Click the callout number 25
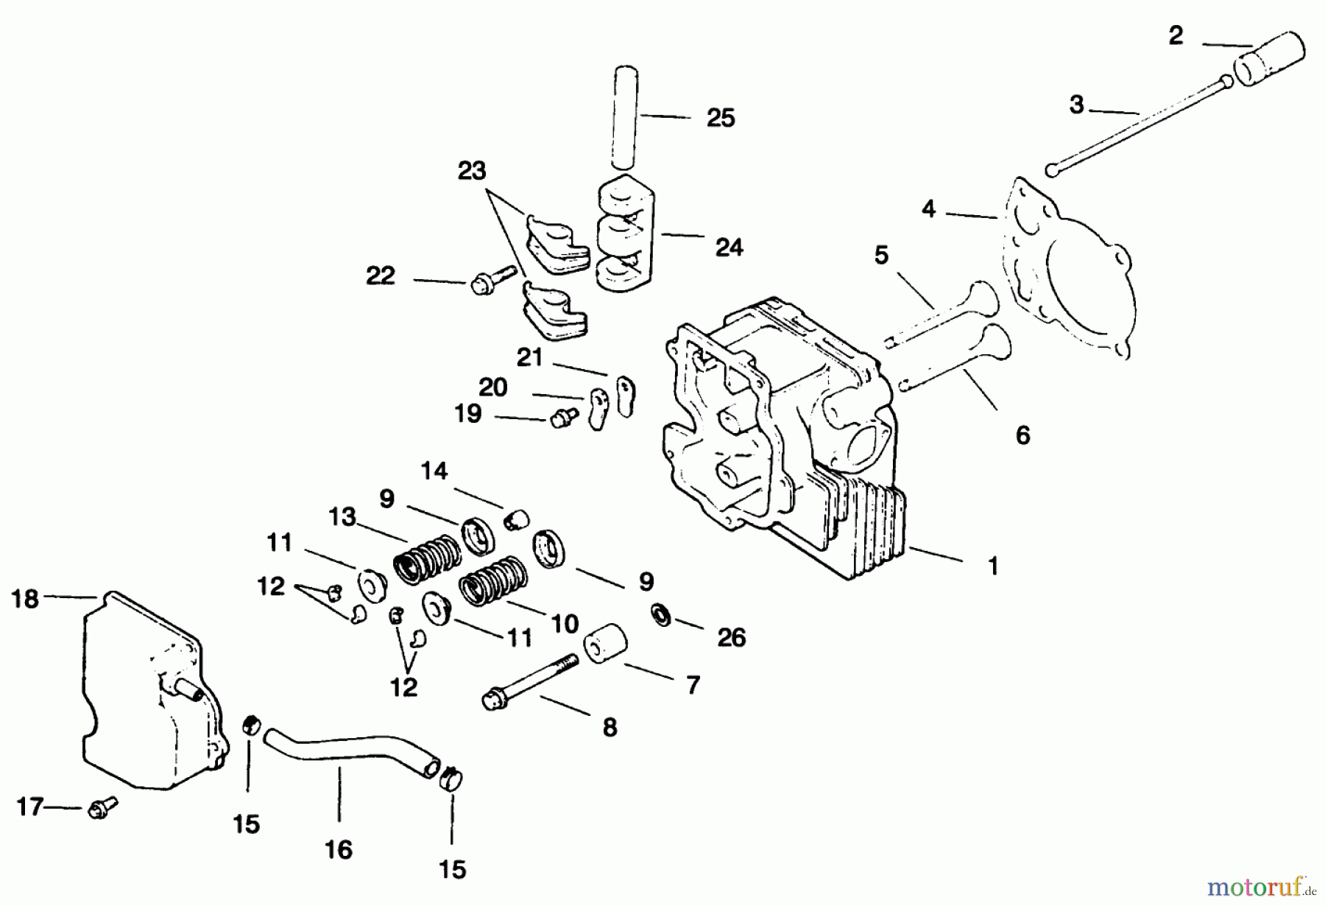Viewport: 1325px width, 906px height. (720, 118)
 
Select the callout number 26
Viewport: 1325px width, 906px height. (731, 637)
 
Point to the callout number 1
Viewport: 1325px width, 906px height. (993, 566)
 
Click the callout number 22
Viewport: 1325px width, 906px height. (381, 275)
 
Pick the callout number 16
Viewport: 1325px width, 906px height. (339, 849)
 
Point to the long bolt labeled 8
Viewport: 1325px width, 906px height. (530, 678)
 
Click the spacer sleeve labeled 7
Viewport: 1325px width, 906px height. (605, 645)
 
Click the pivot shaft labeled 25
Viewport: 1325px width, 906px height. (626, 118)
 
